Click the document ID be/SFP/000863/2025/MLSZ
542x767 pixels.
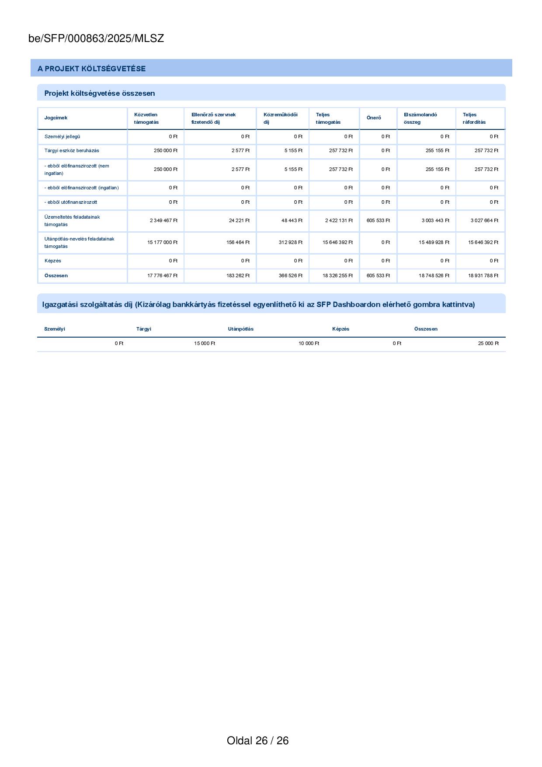(x=96, y=38)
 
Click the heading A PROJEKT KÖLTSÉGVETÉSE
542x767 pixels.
(x=91, y=69)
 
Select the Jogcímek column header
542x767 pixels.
(x=56, y=118)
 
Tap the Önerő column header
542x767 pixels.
(x=374, y=118)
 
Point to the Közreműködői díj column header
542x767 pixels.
(x=280, y=119)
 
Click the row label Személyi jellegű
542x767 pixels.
(x=62, y=136)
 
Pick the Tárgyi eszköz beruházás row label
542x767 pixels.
(x=72, y=151)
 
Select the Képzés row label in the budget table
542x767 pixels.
(x=53, y=261)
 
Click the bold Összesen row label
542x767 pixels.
(x=56, y=276)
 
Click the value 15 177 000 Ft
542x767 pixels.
(x=162, y=243)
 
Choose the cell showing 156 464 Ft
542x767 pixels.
(x=238, y=243)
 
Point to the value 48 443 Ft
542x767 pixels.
(x=292, y=221)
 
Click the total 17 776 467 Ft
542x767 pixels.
(x=162, y=276)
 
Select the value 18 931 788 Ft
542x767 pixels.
(x=483, y=276)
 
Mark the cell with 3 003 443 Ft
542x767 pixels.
(x=435, y=221)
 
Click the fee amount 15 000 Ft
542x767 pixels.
(x=205, y=344)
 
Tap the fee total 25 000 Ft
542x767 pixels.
(x=488, y=344)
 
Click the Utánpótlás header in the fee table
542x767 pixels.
(x=240, y=329)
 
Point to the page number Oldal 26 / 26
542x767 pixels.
(x=257, y=740)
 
